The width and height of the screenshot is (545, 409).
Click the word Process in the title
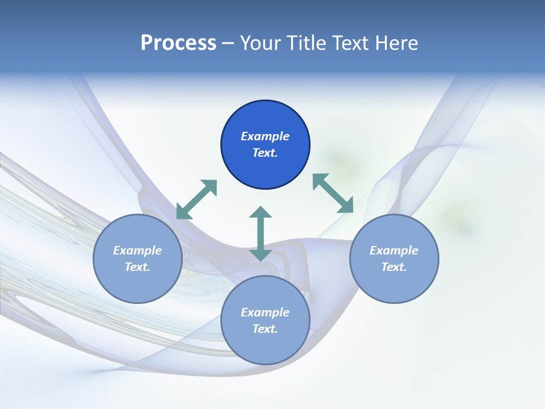point(178,43)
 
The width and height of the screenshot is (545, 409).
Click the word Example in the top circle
point(265,136)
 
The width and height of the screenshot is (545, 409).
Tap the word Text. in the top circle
point(265,153)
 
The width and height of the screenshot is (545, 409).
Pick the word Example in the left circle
point(137,251)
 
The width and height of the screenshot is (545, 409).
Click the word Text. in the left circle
point(137,267)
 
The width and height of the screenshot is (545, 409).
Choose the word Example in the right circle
point(394,251)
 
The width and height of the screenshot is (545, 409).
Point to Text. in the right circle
point(394,267)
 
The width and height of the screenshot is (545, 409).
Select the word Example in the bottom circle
point(265,312)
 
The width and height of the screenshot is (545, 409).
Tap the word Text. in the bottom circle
point(265,329)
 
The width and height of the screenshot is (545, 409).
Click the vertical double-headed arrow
point(261,233)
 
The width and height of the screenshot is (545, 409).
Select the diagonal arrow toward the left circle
point(196,199)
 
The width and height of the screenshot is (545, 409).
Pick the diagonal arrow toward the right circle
point(333,193)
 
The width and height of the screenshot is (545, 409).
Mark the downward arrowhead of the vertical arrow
point(261,254)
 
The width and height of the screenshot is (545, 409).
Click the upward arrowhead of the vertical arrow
point(261,213)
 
